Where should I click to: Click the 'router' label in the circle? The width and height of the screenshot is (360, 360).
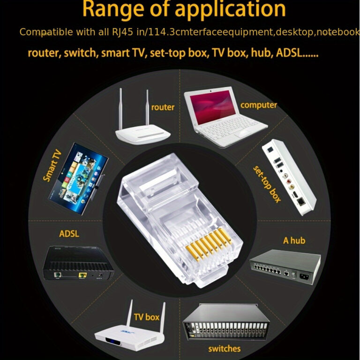click(163, 107)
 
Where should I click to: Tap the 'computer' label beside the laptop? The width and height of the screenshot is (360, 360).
click(259, 105)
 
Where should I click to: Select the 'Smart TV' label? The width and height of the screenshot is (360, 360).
click(52, 165)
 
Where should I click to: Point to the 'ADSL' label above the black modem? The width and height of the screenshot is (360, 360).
click(69, 234)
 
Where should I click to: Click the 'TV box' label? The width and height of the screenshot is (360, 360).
click(146, 317)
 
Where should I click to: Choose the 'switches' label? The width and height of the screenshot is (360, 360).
click(225, 349)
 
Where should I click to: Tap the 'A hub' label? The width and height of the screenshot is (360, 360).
click(294, 240)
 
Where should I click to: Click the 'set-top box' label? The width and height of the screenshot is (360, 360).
click(267, 184)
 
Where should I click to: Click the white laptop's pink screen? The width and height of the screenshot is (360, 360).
click(212, 106)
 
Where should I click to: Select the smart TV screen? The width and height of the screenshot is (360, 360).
click(78, 179)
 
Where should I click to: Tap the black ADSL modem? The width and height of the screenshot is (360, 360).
click(79, 263)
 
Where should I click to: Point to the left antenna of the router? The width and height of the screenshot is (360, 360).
click(120, 109)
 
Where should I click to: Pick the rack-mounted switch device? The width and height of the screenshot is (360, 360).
click(226, 322)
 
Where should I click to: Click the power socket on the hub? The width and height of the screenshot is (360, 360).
click(305, 276)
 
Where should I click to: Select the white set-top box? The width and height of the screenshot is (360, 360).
click(289, 177)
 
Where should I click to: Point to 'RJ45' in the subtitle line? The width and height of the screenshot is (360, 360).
click(122, 32)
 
